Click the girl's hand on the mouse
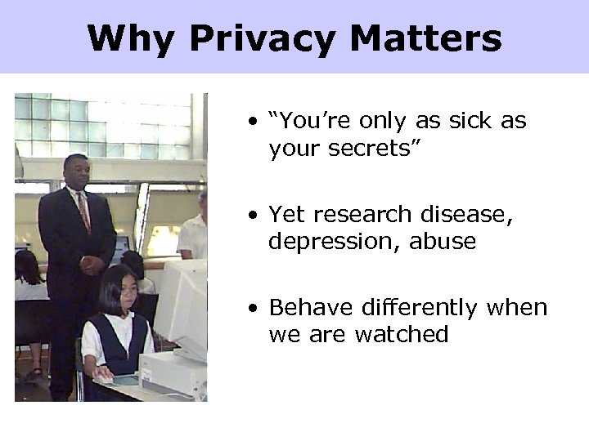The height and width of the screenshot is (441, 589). pos(102,377)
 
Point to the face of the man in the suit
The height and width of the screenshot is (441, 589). pos(78,172)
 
